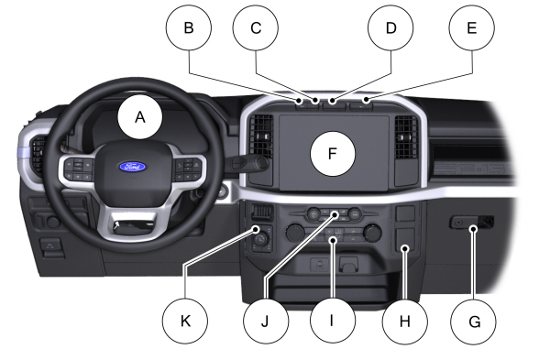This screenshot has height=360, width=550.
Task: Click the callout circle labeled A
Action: click(x=140, y=117)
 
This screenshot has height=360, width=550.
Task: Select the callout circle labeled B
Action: click(x=189, y=28)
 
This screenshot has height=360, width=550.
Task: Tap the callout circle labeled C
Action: click(x=257, y=28)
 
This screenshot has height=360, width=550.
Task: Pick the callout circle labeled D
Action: click(x=390, y=28)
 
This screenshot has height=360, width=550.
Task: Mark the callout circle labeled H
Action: click(x=404, y=322)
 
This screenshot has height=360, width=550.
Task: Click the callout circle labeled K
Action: click(x=187, y=322)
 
